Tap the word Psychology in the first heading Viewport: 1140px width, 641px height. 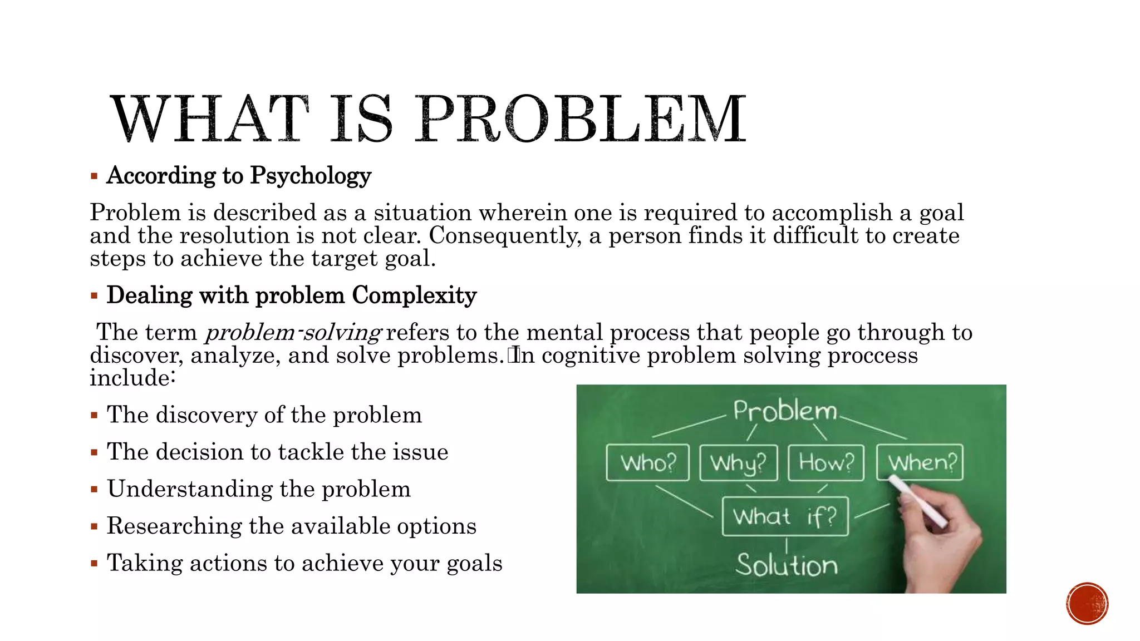(x=311, y=176)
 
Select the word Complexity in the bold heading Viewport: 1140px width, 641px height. (x=414, y=295)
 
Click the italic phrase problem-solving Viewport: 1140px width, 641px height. (x=293, y=333)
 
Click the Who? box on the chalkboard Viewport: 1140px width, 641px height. (x=647, y=462)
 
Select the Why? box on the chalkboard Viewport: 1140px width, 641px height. (x=738, y=462)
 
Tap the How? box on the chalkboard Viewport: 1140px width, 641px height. (x=826, y=462)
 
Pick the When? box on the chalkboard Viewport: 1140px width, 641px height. (x=921, y=462)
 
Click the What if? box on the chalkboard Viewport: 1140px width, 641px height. (x=785, y=516)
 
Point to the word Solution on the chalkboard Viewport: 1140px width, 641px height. (x=787, y=565)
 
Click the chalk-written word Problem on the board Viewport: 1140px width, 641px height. (x=785, y=411)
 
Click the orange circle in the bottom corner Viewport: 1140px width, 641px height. (x=1087, y=604)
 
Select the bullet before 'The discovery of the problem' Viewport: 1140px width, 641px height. (x=94, y=416)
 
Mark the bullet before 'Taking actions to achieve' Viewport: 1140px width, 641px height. (x=94, y=564)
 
